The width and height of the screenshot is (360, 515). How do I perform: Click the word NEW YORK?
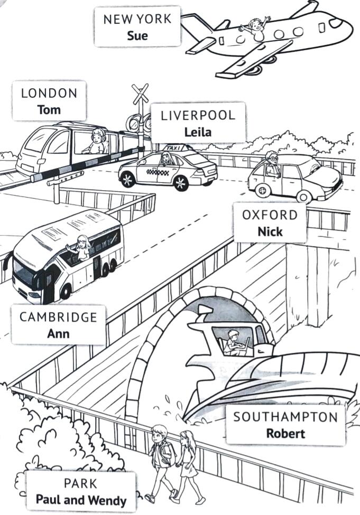[x=137, y=19]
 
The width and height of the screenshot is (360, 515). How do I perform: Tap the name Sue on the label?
[x=137, y=35]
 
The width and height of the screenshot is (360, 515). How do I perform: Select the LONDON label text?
[x=49, y=93]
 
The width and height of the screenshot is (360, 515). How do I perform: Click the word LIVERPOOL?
[x=198, y=115]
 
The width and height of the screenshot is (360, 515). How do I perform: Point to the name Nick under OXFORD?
[x=270, y=231]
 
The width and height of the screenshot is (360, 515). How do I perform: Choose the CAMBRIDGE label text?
[x=58, y=317]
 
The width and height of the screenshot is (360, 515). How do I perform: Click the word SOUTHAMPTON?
[x=285, y=417]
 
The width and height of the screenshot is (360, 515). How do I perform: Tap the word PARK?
[x=80, y=483]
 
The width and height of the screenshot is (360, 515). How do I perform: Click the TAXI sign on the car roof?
[x=174, y=148]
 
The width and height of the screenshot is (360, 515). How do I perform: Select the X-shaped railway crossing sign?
[x=141, y=93]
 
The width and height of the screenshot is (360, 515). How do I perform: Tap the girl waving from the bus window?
[x=80, y=248]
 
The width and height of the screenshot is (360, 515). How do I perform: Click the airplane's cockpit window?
[x=336, y=22]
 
